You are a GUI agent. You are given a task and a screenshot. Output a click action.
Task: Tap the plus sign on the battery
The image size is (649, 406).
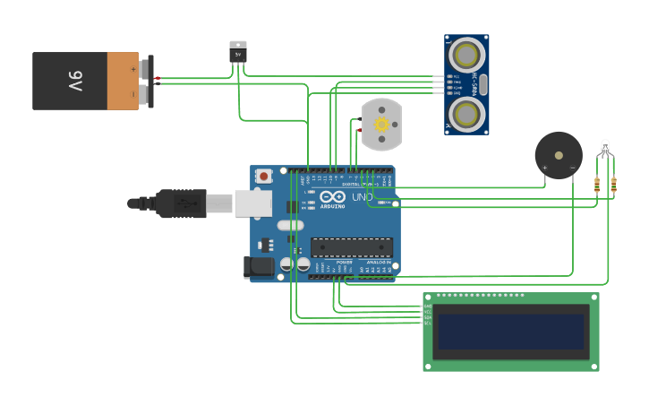pos(132,68)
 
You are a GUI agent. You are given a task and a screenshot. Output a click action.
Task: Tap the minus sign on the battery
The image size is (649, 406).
pos(132,93)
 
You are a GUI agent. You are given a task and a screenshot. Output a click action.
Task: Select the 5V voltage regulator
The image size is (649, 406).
pos(238,52)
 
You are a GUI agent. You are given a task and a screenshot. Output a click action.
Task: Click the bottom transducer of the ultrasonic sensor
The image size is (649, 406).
pos(466,113)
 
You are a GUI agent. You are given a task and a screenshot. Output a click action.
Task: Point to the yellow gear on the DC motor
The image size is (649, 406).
pos(381,125)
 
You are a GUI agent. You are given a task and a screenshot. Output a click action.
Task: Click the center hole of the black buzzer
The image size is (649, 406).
pos(559,154)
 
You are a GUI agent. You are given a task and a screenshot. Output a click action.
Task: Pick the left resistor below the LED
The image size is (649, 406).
pos(597,185)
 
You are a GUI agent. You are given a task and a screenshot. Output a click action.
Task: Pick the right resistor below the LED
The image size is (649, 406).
pos(613,185)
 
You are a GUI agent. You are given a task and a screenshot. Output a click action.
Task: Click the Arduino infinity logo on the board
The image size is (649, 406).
pos(332,197)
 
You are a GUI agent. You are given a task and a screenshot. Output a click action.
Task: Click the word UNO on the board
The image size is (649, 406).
pos(362,197)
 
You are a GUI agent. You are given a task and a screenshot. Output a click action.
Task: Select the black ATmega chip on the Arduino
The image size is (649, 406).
pos(351,247)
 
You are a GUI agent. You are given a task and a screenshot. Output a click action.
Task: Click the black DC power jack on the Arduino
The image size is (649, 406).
pos(259,267)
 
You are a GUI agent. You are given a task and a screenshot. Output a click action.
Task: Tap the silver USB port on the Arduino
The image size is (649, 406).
pos(253,203)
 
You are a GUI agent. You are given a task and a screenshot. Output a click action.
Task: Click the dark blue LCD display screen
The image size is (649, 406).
pos(510,331)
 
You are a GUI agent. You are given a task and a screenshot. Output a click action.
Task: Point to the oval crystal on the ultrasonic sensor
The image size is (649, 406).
pos(482,85)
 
